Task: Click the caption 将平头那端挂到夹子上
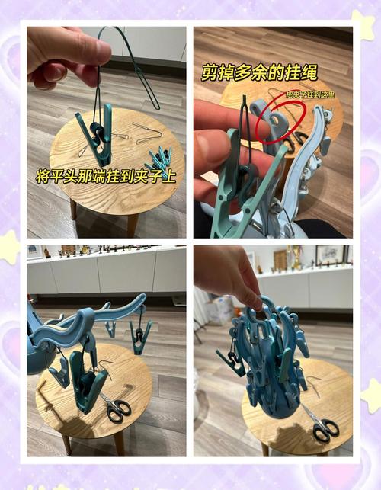pyautogui.click(x=106, y=176)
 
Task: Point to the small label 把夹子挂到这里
pyautogui.click(x=309, y=94)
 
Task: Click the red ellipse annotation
pyautogui.click(x=280, y=118)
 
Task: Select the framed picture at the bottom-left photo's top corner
pyautogui.click(x=34, y=251)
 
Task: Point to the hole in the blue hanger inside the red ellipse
pyautogui.click(x=272, y=121)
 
